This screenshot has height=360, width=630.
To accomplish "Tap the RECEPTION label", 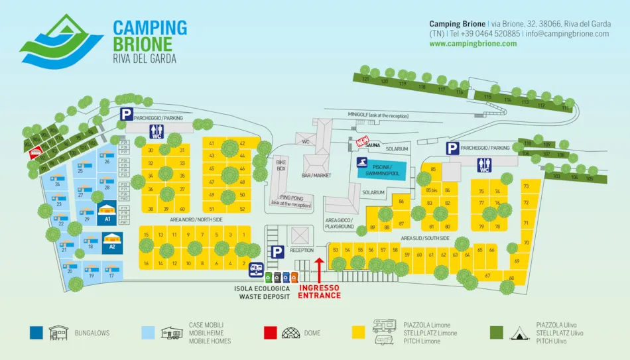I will [301, 251].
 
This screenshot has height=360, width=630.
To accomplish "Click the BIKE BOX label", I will [281, 165].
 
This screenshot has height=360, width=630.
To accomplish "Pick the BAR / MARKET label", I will [316, 175].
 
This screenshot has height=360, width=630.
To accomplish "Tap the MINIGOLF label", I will [378, 115].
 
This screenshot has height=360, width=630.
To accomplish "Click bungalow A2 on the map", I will [112, 240].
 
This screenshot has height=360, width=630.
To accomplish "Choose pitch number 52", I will [242, 209].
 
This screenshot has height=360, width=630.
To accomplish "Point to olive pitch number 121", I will [365, 78].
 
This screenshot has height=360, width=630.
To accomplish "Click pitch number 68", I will [512, 278].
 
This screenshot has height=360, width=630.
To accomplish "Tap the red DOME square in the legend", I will [270, 333].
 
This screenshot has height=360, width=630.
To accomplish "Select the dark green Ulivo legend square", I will [497, 333].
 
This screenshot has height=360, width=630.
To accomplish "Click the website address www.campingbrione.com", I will [473, 44].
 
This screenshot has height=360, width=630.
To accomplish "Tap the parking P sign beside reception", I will [277, 251].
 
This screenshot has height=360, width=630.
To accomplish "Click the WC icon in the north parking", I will [157, 131].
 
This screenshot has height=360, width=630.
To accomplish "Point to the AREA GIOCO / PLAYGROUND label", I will [340, 223].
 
